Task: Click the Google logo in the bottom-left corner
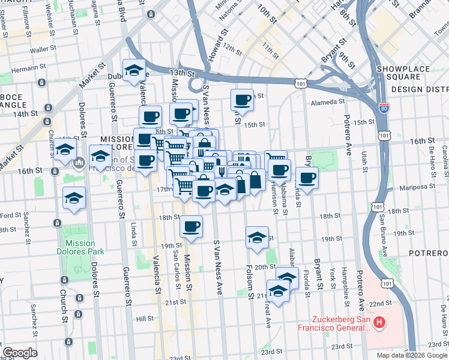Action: click(20, 353)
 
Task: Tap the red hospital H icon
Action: click(379, 324)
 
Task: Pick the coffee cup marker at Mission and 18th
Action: click(191, 227)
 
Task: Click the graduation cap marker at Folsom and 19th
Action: click(257, 238)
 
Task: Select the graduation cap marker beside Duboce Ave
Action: click(134, 70)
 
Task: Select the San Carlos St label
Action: click(176, 262)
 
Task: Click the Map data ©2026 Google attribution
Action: click(412, 355)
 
